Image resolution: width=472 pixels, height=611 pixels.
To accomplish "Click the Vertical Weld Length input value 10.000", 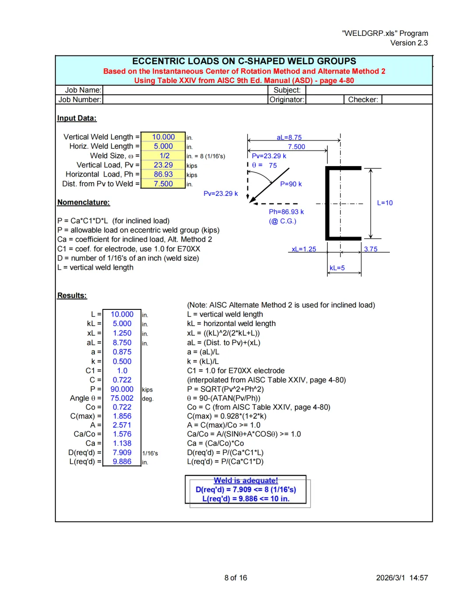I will point(163,137).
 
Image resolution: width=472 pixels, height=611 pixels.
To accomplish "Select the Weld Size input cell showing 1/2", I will point(164,156).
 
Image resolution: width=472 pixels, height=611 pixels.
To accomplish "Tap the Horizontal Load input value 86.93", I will point(163,174).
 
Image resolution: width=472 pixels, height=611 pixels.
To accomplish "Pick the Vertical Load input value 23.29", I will point(163,165).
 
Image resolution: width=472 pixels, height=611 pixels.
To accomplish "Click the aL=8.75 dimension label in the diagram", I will point(289,137).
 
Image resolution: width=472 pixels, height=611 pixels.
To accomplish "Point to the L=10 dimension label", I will point(385,203).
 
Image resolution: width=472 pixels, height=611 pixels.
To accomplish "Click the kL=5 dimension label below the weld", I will point(337,268).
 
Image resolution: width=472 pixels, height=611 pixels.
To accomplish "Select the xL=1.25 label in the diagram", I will point(304,249).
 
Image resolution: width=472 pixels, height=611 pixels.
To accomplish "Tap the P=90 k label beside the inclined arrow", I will point(291,184).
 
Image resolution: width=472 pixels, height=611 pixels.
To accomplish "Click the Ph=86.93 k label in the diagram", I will point(286,212).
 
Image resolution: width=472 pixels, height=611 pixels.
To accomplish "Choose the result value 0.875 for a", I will point(122,352).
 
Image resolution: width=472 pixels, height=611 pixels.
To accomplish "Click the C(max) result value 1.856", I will point(122,416).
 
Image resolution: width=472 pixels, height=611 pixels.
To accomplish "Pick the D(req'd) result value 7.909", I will point(122,452).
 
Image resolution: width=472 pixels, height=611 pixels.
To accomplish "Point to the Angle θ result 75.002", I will point(121,398).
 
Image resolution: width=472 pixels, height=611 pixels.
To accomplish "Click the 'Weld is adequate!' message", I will point(246,480).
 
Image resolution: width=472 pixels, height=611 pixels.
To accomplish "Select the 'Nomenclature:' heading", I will point(83,202).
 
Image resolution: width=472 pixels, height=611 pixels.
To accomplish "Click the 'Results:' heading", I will point(72,295).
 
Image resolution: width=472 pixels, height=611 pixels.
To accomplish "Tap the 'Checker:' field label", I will point(363,100).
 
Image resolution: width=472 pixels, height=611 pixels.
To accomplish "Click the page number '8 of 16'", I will point(236,578).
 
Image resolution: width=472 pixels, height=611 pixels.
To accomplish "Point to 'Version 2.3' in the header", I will point(409,43).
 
